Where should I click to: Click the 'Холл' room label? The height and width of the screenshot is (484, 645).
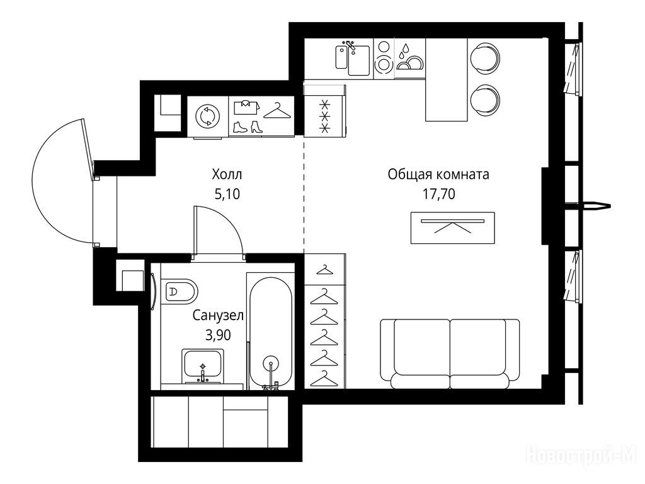[227, 175]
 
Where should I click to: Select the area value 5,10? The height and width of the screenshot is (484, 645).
[227, 194]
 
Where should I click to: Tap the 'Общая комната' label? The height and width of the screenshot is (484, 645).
[438, 175]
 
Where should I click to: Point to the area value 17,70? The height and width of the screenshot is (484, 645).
[439, 194]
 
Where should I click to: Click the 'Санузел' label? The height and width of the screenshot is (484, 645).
[218, 316]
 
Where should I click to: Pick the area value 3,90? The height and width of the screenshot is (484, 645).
[218, 335]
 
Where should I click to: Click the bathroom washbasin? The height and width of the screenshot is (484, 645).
[202, 366]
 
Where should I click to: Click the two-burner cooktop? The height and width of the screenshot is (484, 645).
[384, 57]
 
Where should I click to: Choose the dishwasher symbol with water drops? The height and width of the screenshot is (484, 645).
[409, 57]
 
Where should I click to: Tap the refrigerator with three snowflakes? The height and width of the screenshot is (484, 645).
[324, 113]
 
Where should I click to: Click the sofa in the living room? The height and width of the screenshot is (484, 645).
[450, 354]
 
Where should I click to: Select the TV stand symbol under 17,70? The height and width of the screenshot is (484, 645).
[452, 228]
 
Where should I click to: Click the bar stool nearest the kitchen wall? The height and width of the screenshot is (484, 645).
[484, 58]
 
